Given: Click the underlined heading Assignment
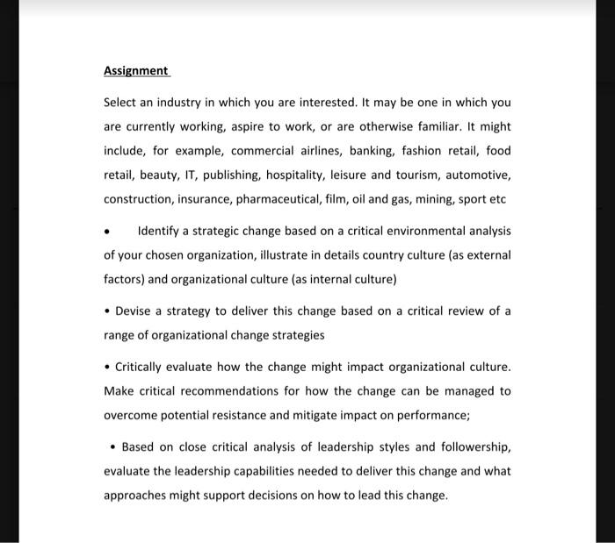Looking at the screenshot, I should click(135, 70).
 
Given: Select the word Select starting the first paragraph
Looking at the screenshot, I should click(121, 103).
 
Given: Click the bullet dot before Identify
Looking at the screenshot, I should click(107, 232).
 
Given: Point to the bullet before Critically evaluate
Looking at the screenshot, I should click(107, 367).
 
